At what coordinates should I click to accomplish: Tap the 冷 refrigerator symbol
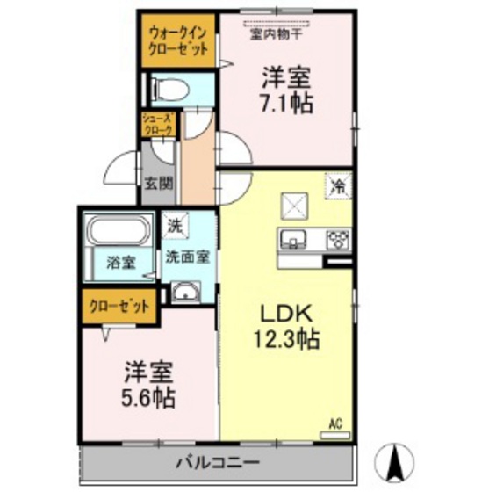[x=337, y=185]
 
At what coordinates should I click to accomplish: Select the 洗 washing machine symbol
[x=176, y=226]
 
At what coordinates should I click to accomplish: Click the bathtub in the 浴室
[x=119, y=233]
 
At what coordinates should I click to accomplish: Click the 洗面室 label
[x=187, y=258]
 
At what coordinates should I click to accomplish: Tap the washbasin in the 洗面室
[x=185, y=292]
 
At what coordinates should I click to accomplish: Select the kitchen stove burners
[x=336, y=239]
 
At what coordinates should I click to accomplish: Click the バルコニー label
[x=217, y=462]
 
